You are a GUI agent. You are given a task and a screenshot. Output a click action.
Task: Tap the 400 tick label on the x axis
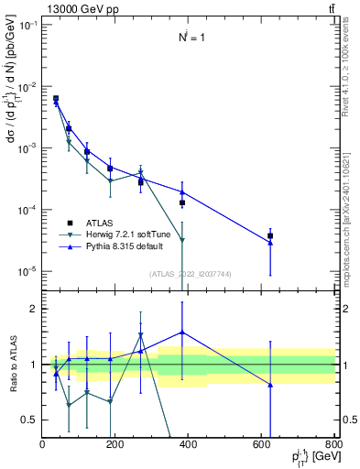coord(189,444)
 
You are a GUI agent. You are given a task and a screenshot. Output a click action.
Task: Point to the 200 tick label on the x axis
coord(115,444)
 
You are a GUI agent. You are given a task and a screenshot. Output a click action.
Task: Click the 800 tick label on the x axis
coord(333,444)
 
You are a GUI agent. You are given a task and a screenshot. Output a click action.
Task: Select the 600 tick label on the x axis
coord(262,444)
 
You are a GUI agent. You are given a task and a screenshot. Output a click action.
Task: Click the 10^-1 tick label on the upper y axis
coord(27,26)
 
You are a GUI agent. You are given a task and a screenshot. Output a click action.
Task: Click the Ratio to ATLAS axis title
coord(13,364)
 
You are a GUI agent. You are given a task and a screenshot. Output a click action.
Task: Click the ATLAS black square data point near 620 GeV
coord(270,235)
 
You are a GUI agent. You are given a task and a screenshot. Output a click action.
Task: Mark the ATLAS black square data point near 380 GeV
coord(182,202)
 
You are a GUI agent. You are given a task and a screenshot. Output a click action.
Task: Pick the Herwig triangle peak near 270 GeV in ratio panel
coord(140,335)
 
